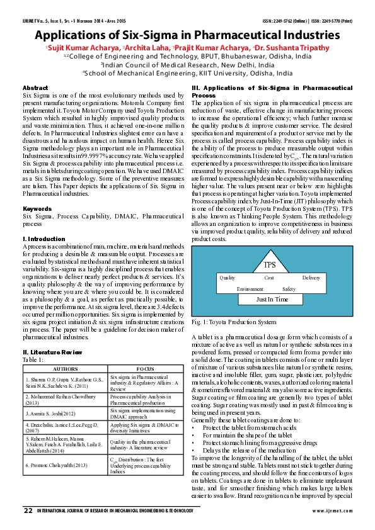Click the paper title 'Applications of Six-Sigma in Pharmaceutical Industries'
[x=187, y=35]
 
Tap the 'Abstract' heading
[x=35, y=87]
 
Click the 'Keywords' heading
[x=37, y=208]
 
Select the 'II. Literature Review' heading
[x=52, y=352]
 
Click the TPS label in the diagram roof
[x=270, y=263]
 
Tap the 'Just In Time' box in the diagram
[x=272, y=300]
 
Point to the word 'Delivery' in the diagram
[x=311, y=278]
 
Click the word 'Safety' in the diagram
[x=289, y=289]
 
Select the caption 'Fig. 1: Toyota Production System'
[x=233, y=322]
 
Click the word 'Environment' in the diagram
[x=250, y=289]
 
